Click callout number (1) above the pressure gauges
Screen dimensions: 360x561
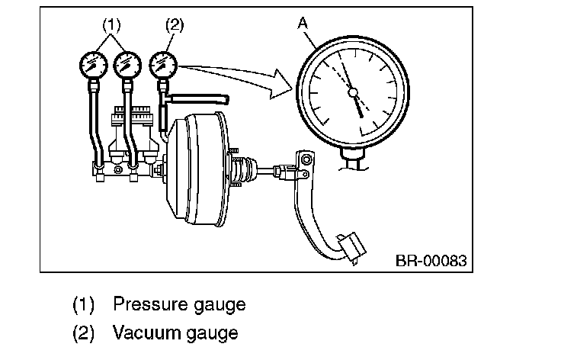click(111, 24)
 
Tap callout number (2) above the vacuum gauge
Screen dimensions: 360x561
click(174, 24)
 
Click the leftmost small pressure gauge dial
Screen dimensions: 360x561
click(93, 63)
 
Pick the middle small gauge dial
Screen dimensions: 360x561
click(127, 63)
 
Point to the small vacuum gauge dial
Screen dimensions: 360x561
click(163, 63)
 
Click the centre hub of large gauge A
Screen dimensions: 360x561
click(352, 92)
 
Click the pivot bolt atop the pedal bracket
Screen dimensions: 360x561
click(306, 159)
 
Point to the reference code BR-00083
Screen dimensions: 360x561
click(429, 260)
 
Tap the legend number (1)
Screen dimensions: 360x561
click(82, 304)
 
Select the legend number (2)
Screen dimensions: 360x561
click(82, 333)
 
